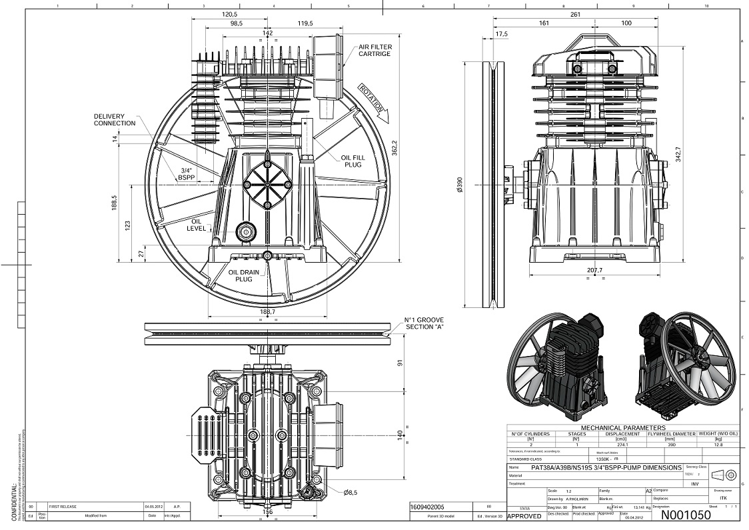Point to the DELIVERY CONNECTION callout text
click(114, 120)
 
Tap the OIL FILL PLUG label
click(353, 161)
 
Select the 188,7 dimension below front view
click(267, 311)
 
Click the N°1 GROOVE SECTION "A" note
click(424, 323)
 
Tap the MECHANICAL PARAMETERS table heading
click(622, 428)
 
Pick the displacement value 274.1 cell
click(622, 444)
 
